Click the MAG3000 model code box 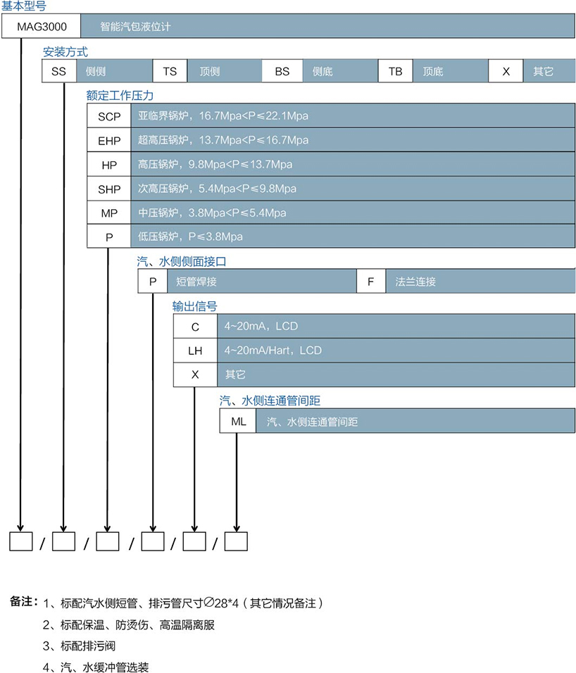click(x=41, y=27)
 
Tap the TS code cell click(x=170, y=72)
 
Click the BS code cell click(x=282, y=72)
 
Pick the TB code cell click(x=395, y=72)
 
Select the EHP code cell click(x=109, y=140)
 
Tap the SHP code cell click(x=109, y=189)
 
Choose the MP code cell click(x=109, y=213)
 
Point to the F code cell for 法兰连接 click(x=371, y=282)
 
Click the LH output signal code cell click(x=195, y=351)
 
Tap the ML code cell click(x=238, y=422)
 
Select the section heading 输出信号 click(x=194, y=306)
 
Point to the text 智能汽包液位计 click(x=135, y=27)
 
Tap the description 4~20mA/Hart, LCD click(x=273, y=351)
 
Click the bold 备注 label click(x=23, y=602)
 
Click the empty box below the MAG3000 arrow click(x=21, y=541)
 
